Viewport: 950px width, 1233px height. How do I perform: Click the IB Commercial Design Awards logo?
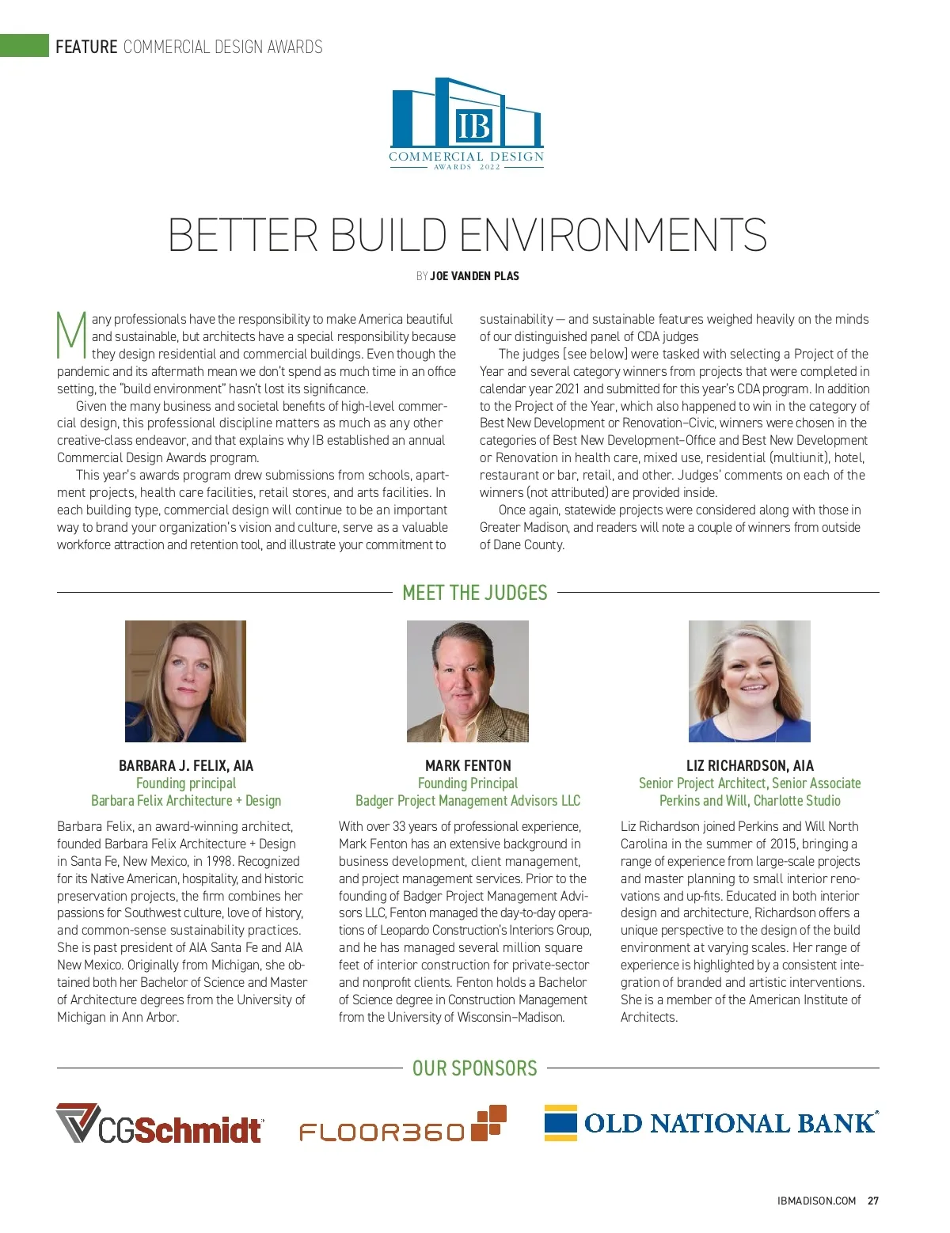click(467, 124)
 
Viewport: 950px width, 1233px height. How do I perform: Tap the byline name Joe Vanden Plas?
click(474, 276)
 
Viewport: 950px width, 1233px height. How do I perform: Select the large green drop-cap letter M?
click(71, 336)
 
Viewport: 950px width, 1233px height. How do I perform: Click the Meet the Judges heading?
click(475, 593)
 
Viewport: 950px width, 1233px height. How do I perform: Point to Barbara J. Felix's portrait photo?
click(185, 681)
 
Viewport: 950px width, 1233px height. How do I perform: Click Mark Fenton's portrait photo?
click(467, 681)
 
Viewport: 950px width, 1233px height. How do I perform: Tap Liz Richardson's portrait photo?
click(749, 681)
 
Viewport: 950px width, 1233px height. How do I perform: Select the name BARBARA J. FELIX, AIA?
click(186, 766)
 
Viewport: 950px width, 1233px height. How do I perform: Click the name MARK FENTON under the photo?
click(468, 766)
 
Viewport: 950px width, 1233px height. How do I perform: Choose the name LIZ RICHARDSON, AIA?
click(750, 766)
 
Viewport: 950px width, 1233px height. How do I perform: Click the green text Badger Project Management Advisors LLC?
click(468, 801)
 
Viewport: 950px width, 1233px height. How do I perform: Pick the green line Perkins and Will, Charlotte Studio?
click(750, 801)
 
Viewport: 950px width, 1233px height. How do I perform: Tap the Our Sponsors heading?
click(475, 1068)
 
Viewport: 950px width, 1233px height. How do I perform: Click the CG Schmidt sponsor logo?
click(159, 1125)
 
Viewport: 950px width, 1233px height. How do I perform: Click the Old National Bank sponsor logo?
click(711, 1123)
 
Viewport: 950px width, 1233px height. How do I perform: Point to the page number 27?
click(873, 1201)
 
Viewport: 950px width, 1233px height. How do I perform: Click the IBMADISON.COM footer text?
click(817, 1201)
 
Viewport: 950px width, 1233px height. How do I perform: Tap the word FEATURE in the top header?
click(86, 47)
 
